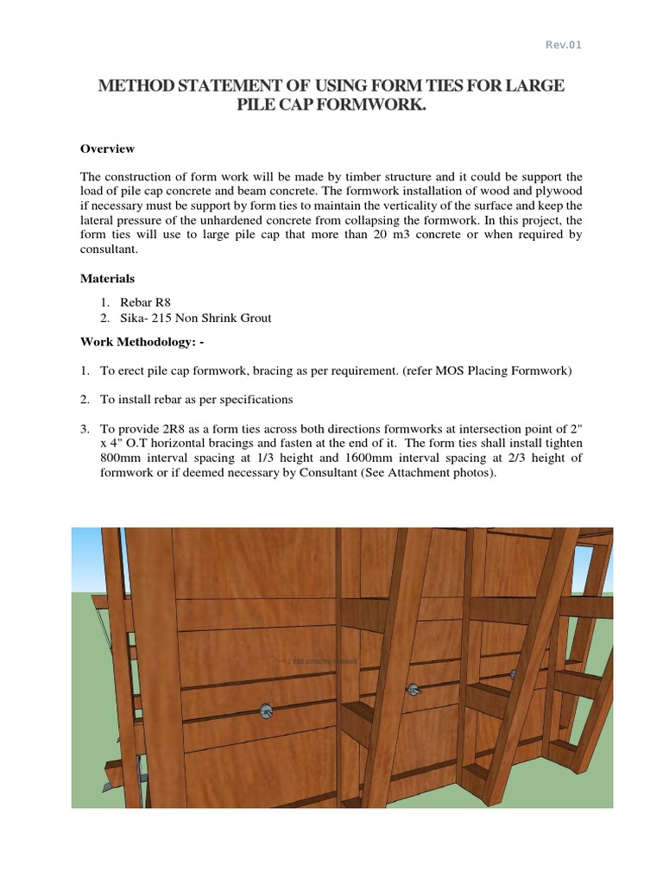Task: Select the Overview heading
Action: (x=107, y=148)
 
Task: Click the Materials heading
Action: (x=107, y=279)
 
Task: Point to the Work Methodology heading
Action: (x=142, y=342)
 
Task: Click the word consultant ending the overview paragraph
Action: (x=109, y=249)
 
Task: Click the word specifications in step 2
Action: (x=256, y=400)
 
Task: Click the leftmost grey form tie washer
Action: (x=266, y=711)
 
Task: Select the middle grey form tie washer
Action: (x=413, y=689)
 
